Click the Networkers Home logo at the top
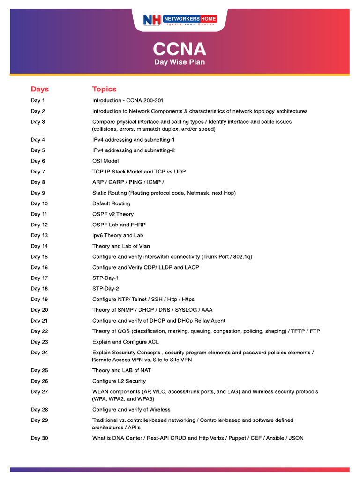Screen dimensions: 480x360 (180, 20)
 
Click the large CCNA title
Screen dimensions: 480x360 (180, 49)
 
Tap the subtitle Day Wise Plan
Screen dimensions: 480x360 (180, 62)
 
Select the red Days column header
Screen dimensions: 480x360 (40, 89)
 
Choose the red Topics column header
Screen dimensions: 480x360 (104, 89)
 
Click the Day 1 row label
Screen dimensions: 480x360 (38, 100)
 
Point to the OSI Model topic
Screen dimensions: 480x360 (105, 161)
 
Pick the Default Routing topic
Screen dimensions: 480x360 (111, 203)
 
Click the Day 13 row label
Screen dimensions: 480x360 (39, 235)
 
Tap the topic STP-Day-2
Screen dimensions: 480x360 (105, 289)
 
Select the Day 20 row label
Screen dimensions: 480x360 (39, 310)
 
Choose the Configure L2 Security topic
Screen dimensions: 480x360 (119, 381)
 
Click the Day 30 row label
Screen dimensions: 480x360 (39, 438)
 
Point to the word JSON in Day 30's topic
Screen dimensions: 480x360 (296, 438)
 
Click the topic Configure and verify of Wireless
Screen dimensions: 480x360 (131, 410)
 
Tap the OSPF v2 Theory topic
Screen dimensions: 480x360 (113, 214)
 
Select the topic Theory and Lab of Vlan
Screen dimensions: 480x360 (121, 246)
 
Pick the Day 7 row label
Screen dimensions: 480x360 (38, 172)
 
